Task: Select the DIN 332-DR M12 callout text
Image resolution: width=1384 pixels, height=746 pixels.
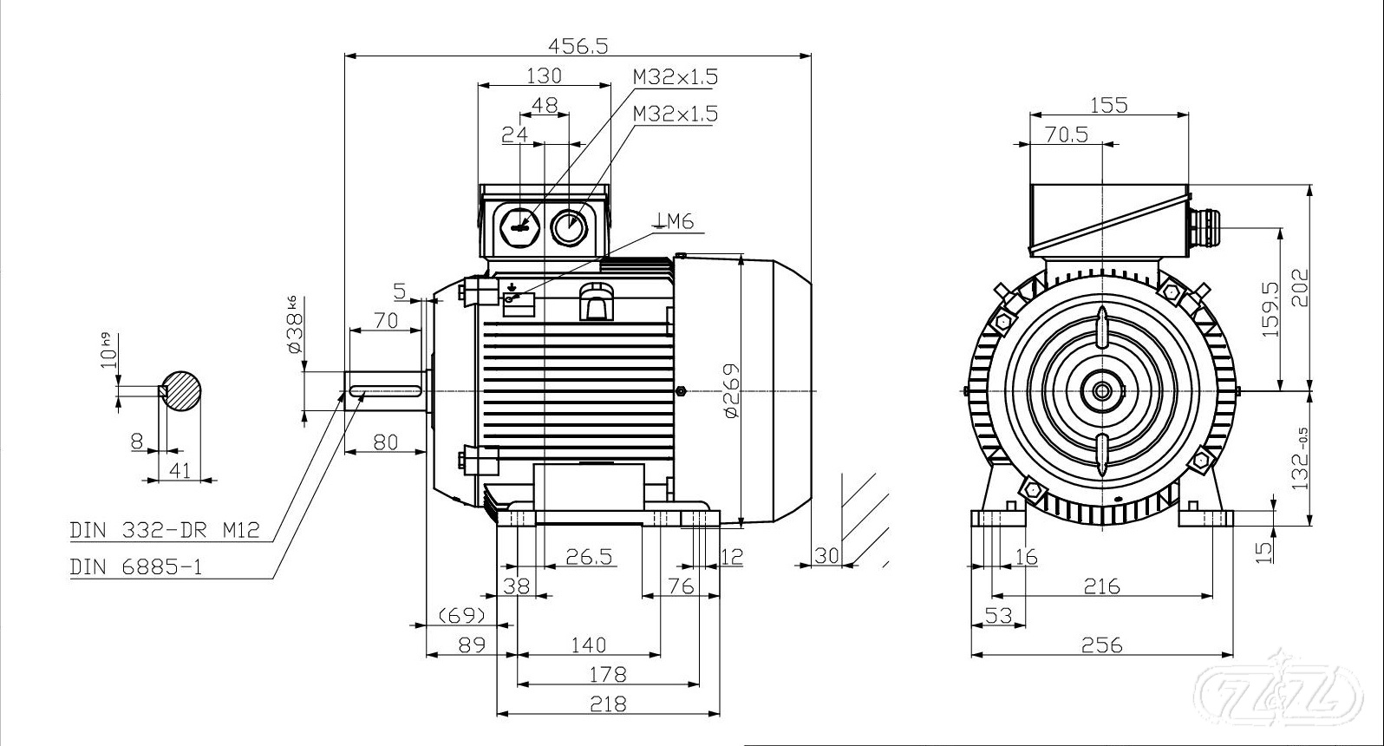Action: coord(165,530)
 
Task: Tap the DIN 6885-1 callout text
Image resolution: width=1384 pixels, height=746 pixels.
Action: coord(136,567)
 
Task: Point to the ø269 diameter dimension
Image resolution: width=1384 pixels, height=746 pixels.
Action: coord(732,390)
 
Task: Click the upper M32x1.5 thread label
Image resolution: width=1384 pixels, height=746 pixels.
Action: coord(676,76)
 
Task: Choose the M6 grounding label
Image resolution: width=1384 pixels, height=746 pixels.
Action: coord(676,221)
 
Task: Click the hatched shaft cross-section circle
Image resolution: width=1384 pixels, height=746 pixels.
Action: coord(181,390)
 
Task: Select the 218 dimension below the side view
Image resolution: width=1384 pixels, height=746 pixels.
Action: coord(608,704)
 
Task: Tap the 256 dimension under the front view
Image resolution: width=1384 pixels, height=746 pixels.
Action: coord(1102,645)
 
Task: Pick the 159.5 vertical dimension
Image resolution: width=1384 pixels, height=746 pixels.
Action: coord(1271,309)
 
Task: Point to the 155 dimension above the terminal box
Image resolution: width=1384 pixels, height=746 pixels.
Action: coord(1108,105)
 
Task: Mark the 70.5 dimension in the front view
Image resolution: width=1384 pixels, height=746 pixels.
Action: coord(1067,134)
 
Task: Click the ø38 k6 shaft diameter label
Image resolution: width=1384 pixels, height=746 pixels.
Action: coord(293,324)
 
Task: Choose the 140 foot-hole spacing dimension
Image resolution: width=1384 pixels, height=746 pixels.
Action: coord(589,645)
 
